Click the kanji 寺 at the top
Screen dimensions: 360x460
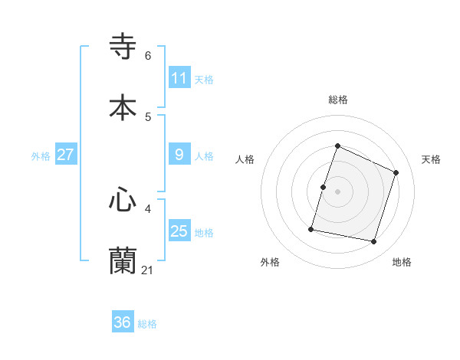(123, 47)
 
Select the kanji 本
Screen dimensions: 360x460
(123, 107)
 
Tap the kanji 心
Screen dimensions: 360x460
(123, 200)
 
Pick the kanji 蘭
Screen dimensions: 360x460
(123, 261)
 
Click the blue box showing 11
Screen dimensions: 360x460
(179, 78)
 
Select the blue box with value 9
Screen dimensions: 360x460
(179, 155)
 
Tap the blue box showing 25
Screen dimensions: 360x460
(179, 231)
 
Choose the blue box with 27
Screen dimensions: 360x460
(66, 155)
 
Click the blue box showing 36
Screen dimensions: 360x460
(123, 323)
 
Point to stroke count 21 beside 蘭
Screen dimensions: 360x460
(148, 270)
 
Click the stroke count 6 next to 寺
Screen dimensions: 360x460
(148, 56)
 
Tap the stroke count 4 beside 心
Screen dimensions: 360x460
(148, 208)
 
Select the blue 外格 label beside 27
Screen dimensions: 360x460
(41, 155)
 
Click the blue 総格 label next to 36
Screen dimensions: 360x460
(147, 324)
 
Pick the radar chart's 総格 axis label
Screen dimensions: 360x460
(338, 100)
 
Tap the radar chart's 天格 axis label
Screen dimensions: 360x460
(432, 159)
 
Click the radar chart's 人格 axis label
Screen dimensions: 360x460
(245, 159)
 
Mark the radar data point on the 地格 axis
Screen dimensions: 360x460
(374, 242)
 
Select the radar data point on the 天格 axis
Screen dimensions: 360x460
(396, 172)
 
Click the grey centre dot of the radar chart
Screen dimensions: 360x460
(338, 191)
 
